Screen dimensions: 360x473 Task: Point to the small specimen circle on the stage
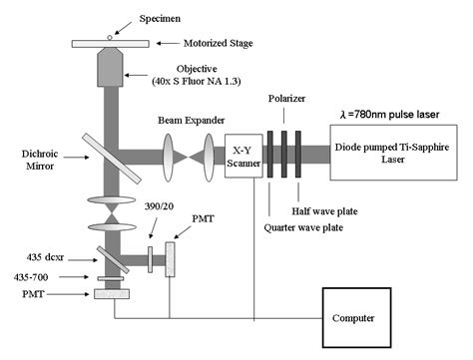111,36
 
